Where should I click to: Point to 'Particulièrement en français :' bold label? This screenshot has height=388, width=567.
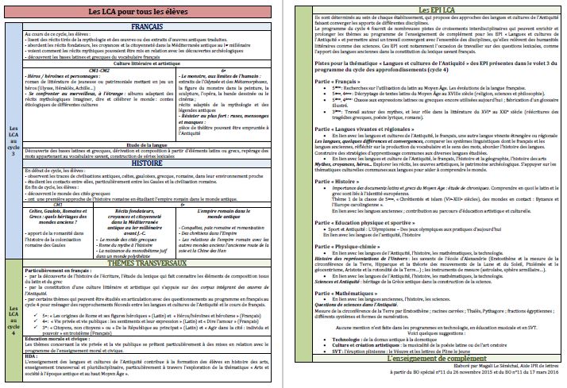pyautogui.click(x=60, y=271)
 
